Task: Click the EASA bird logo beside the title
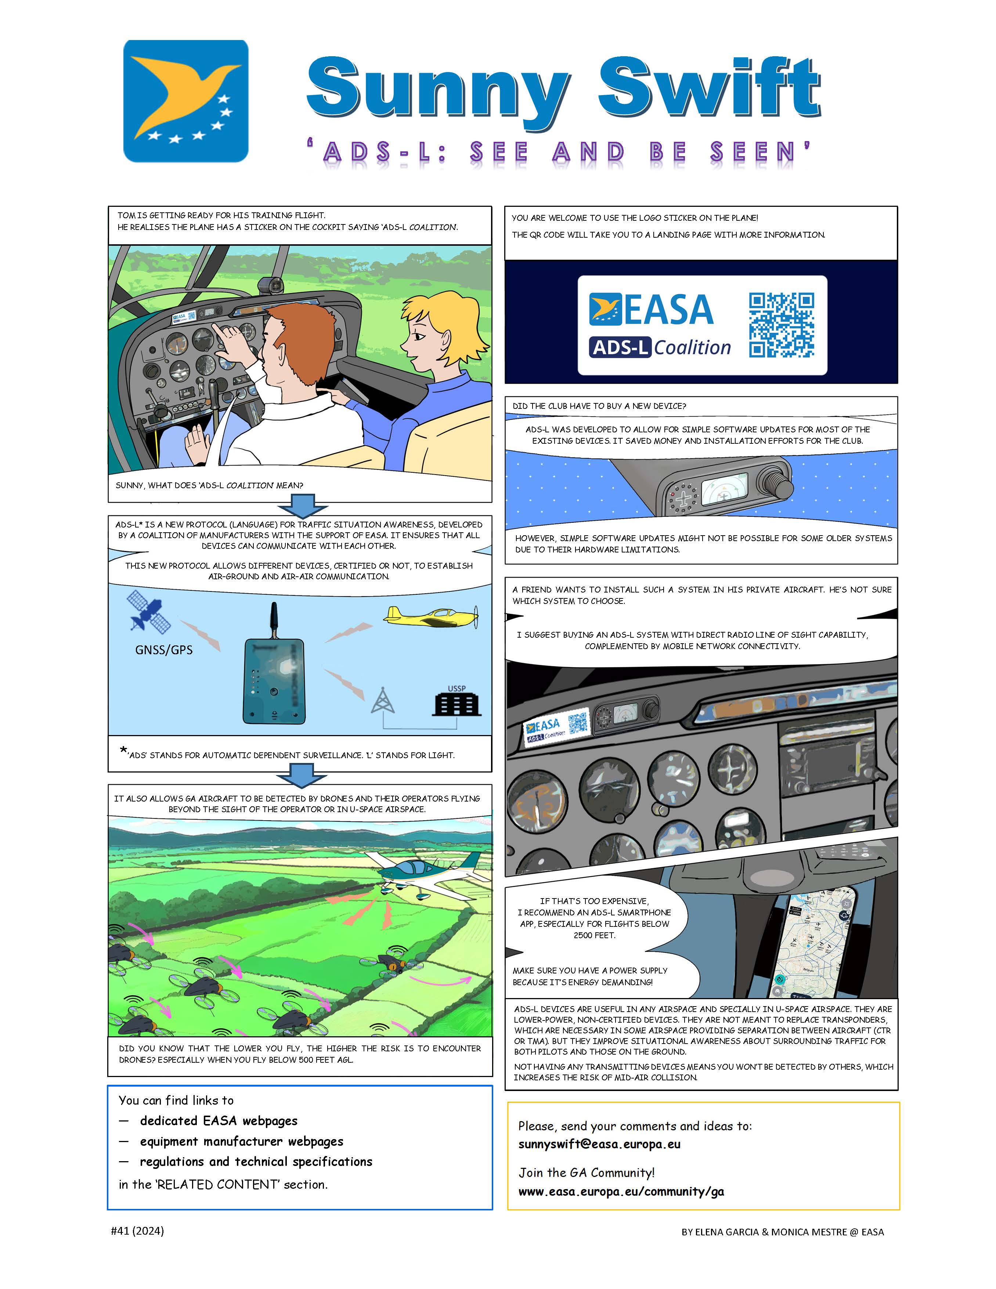(186, 101)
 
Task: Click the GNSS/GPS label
(164, 650)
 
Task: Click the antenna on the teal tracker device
(273, 620)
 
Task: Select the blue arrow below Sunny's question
(303, 506)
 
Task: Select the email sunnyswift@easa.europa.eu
(599, 1144)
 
